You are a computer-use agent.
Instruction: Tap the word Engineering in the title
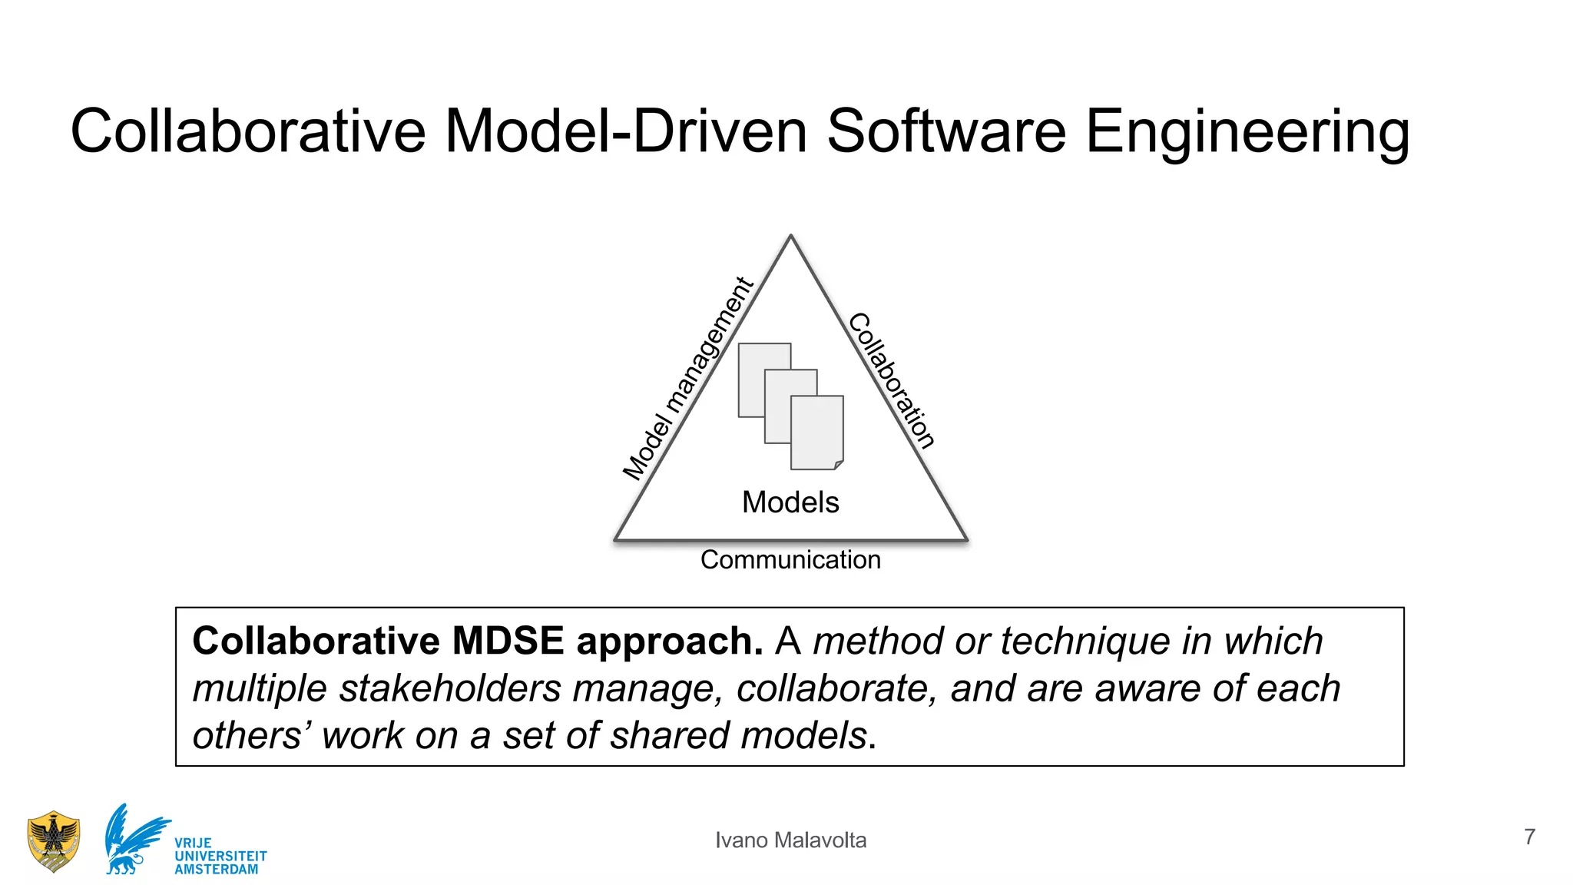tap(1247, 133)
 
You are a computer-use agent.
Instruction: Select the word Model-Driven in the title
tap(626, 131)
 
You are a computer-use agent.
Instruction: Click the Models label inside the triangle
tap(790, 502)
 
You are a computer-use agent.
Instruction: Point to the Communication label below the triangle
tap(790, 560)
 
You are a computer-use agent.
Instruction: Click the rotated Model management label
tap(687, 380)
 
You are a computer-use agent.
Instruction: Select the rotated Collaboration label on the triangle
tap(892, 380)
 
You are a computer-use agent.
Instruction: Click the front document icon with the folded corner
tap(817, 433)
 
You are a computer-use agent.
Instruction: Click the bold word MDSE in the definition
tap(508, 641)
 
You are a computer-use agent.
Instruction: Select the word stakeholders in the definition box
tap(450, 688)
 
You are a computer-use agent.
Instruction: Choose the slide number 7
tap(1529, 837)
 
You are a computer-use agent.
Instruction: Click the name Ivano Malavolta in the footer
tap(790, 840)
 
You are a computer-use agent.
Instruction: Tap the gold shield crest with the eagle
tap(53, 842)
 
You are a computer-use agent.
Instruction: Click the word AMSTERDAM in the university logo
tap(217, 870)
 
